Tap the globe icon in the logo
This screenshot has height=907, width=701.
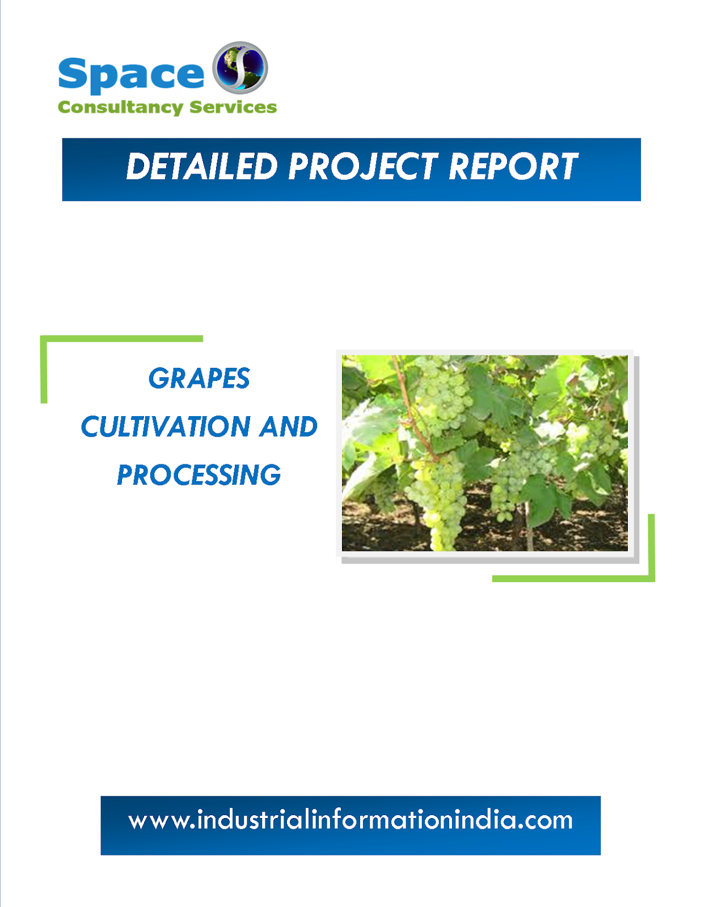[x=240, y=67]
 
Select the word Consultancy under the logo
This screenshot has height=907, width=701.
[x=120, y=107]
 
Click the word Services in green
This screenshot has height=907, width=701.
[x=233, y=107]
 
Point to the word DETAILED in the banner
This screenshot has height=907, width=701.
[x=202, y=167]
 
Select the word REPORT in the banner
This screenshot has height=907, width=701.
[x=513, y=167]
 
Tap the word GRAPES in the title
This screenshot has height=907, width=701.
[x=199, y=378]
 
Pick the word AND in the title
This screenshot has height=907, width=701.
[x=288, y=427]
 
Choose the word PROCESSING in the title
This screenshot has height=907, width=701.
[x=199, y=475]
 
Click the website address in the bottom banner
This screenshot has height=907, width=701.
[x=350, y=820]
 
